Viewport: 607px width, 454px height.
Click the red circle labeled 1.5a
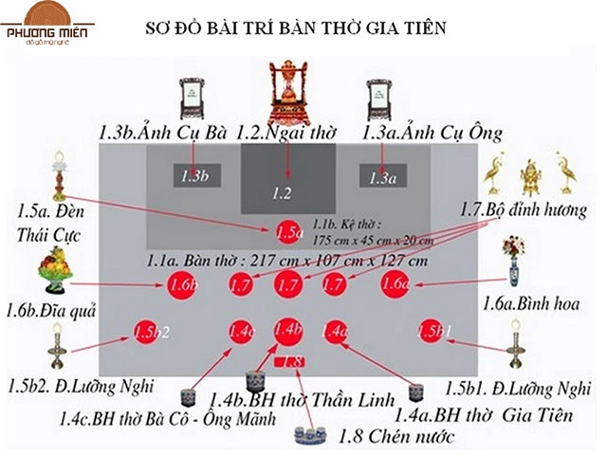(x=287, y=230)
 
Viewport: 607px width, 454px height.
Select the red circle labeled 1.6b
(x=182, y=283)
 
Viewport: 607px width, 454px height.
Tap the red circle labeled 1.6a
(x=395, y=283)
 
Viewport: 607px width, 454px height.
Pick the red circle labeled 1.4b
(x=287, y=330)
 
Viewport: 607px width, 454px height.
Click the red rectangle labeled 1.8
(x=289, y=361)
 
